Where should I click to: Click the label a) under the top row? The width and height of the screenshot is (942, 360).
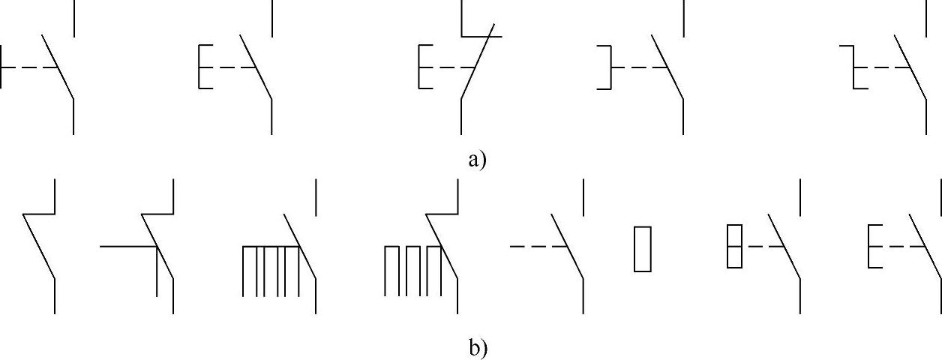[478, 159]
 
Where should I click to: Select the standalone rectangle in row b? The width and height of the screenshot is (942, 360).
[642, 249]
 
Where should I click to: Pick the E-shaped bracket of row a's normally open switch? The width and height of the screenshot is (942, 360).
[201, 67]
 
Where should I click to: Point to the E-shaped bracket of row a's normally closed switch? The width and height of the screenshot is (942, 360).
[421, 67]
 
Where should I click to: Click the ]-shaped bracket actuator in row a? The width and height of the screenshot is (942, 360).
[606, 67]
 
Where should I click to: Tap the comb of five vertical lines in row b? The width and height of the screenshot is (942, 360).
[271, 270]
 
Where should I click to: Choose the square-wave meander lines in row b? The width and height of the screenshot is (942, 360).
[412, 270]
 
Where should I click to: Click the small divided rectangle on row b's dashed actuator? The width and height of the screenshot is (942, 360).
[734, 245]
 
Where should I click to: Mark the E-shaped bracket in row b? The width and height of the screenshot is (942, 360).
[871, 245]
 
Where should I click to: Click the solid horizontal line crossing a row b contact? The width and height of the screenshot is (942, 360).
[127, 245]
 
